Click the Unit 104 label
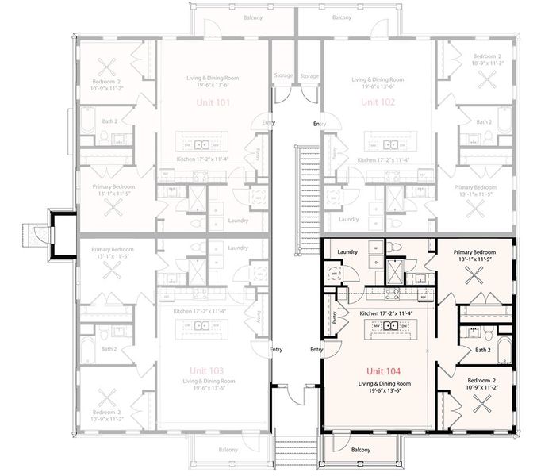pyautogui.click(x=382, y=371)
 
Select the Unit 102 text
pyautogui.click(x=370, y=103)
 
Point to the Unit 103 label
pyautogui.click(x=206, y=370)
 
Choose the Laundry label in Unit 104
pyautogui.click(x=347, y=252)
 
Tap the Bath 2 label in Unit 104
pyautogui.click(x=483, y=348)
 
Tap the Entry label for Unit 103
pyautogui.click(x=276, y=350)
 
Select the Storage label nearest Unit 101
pyautogui.click(x=283, y=76)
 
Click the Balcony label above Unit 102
pyautogui.click(x=342, y=17)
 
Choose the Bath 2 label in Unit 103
pyautogui.click(x=109, y=348)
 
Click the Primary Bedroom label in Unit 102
pyautogui.click(x=474, y=187)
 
